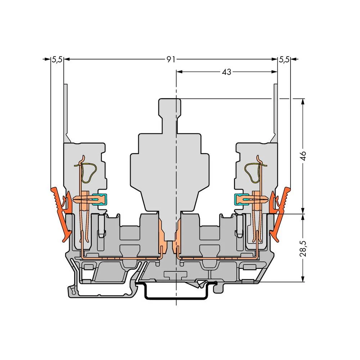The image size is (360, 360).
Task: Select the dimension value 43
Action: [226, 72]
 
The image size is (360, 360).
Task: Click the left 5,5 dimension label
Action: [57, 60]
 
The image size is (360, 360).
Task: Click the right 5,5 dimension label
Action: [284, 60]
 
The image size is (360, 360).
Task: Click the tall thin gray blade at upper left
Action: [66, 112]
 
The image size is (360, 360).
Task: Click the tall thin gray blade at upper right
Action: [275, 112]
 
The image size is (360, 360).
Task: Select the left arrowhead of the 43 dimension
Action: [179, 72]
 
